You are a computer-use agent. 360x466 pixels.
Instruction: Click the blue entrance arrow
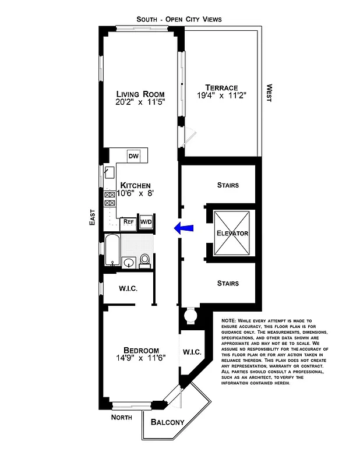coord(184,230)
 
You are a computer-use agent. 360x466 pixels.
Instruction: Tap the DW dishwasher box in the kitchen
coord(133,156)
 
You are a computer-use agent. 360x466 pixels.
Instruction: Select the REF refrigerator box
coord(128,222)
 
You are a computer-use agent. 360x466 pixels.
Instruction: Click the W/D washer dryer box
coord(146,222)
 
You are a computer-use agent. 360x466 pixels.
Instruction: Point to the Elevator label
coord(232,234)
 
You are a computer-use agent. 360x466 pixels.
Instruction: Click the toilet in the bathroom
coord(145,260)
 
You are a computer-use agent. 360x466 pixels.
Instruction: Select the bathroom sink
coord(128,263)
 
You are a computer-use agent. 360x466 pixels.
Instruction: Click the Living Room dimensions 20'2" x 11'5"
coord(140,102)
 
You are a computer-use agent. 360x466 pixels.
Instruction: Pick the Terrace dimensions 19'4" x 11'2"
coord(217,97)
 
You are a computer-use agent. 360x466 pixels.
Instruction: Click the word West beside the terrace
coord(269,93)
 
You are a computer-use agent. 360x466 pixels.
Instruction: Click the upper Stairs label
coord(228,185)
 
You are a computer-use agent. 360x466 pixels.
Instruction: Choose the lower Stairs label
coord(228,284)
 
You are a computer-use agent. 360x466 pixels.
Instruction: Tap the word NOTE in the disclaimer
coord(230,321)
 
